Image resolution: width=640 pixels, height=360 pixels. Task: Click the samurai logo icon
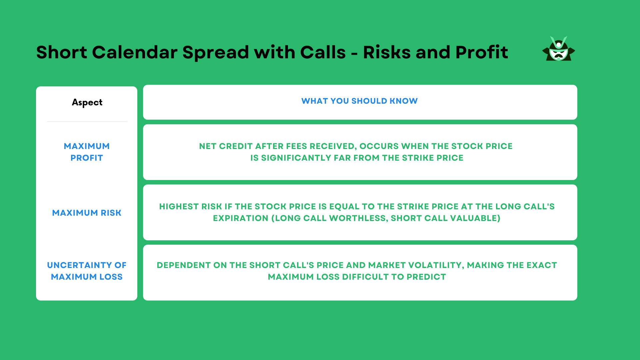[558, 49]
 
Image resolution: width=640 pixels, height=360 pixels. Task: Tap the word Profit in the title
[482, 52]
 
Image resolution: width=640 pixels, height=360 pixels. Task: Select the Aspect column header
[87, 102]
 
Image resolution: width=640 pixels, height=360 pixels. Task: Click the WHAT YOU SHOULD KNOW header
[359, 101]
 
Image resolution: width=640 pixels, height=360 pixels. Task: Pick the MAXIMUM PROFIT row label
[87, 152]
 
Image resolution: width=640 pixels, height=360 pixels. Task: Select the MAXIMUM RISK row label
[87, 213]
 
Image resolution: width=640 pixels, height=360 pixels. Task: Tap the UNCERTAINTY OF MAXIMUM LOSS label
[87, 271]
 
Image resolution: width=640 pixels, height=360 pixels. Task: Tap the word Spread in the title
[216, 52]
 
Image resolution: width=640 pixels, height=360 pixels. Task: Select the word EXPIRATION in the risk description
[240, 218]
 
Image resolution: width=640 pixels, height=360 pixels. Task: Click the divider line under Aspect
[87, 122]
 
